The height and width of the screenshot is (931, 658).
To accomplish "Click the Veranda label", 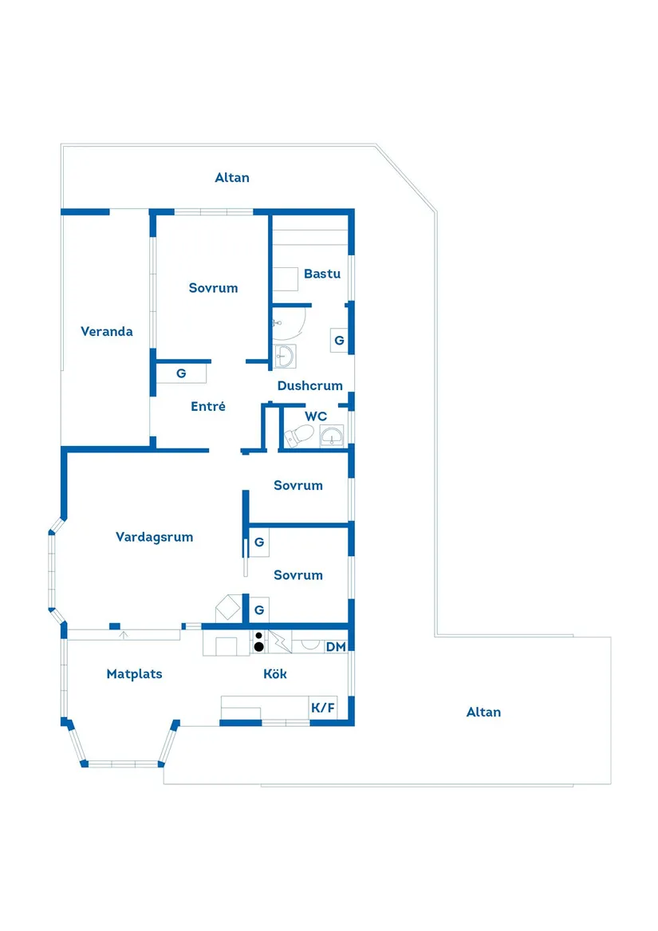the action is (x=107, y=331).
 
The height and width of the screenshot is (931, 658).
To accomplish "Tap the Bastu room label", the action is (x=322, y=274).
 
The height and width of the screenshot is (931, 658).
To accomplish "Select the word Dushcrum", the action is (x=310, y=386).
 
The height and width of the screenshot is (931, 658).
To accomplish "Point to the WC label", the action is (x=316, y=416).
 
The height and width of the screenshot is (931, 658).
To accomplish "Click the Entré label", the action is (x=208, y=406).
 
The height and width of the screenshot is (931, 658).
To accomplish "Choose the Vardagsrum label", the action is (x=155, y=538).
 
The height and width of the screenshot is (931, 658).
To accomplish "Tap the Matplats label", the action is (x=134, y=674).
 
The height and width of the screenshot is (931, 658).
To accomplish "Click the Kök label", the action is (x=275, y=673).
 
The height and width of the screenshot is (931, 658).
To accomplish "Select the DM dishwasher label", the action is (x=336, y=646).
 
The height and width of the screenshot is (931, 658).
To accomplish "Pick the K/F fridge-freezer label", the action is (x=323, y=708).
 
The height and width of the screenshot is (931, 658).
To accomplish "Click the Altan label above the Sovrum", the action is (x=232, y=178).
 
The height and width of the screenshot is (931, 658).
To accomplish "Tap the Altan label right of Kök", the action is (x=483, y=712).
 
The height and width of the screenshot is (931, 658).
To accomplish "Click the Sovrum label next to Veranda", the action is (x=213, y=288).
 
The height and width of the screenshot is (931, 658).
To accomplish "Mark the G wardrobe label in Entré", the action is (x=181, y=373).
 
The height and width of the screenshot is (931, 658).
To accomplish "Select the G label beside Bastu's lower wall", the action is (x=339, y=340).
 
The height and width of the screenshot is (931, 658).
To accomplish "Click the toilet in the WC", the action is (x=299, y=436).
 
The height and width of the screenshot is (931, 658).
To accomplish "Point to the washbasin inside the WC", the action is (x=331, y=436).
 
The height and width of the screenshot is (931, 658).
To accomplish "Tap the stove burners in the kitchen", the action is (x=258, y=642).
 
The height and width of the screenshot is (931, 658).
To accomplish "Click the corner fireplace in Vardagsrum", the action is (x=228, y=608).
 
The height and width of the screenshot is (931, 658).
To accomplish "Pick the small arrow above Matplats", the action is (x=124, y=635).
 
